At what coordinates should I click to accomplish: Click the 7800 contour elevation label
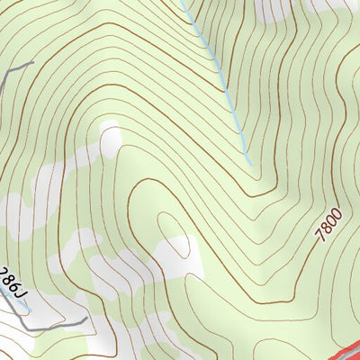[328, 221]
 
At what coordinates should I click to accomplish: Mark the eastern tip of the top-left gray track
[33, 62]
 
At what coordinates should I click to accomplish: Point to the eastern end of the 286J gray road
[86, 318]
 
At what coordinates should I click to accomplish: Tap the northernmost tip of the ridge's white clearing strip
[112, 126]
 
